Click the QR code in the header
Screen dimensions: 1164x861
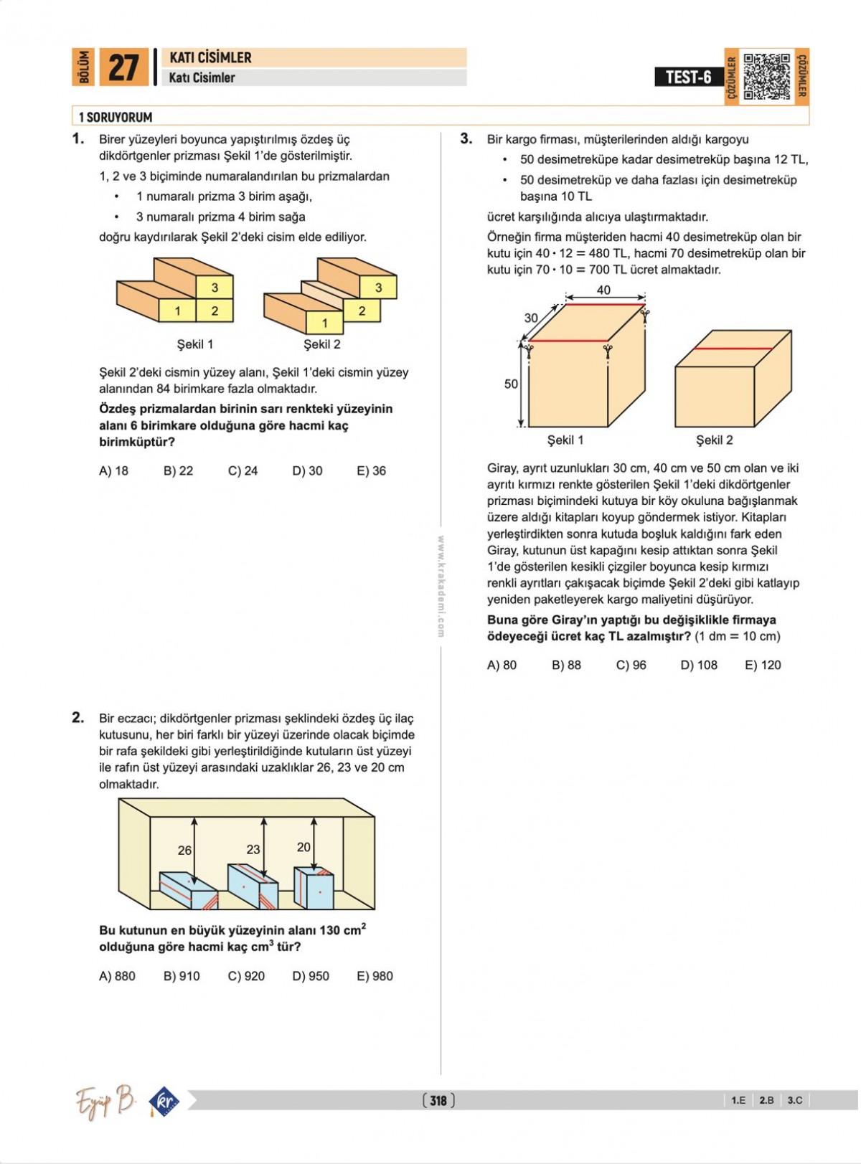tap(766, 76)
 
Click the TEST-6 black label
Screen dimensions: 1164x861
tap(688, 77)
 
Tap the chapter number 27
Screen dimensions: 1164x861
tap(123, 68)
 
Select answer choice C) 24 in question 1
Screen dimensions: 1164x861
tap(243, 471)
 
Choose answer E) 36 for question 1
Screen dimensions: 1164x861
tap(371, 471)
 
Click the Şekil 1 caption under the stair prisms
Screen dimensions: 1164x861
tap(195, 344)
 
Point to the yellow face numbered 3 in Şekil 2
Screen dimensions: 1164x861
tap(378, 288)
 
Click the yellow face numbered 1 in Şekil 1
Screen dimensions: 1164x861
tap(177, 311)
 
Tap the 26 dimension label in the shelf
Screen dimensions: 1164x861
tap(184, 850)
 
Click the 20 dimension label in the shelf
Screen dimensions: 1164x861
tap(304, 847)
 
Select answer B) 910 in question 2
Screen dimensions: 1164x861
tap(182, 976)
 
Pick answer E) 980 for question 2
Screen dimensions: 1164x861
tap(375, 976)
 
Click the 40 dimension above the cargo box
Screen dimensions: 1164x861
tap(603, 290)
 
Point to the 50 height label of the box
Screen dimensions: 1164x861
tap(511, 384)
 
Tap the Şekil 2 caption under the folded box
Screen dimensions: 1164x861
tap(714, 440)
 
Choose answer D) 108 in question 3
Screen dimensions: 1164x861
tap(698, 665)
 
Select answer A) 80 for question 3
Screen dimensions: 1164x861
tap(502, 665)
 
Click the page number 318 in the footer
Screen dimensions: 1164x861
tap(438, 1100)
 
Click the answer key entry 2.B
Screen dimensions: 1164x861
tap(766, 1100)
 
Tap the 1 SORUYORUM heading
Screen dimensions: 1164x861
tap(116, 117)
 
